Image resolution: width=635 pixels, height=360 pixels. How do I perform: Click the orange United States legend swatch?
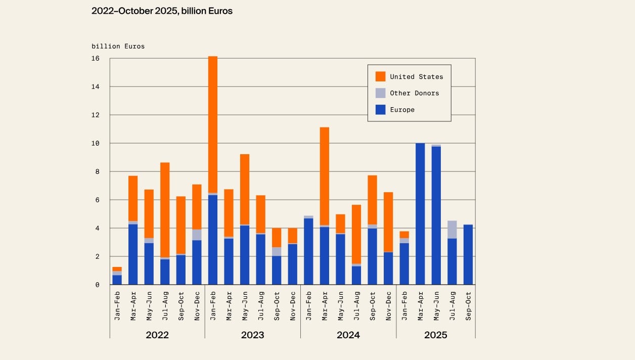pyautogui.click(x=380, y=76)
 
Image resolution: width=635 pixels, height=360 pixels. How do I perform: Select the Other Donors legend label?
pyautogui.click(x=414, y=93)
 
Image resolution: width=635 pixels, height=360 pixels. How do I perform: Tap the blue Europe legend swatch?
pyautogui.click(x=380, y=109)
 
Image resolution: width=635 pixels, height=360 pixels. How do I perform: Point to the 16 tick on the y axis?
pyautogui.click(x=96, y=59)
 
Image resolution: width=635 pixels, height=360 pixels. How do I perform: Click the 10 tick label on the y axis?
pyautogui.click(x=96, y=144)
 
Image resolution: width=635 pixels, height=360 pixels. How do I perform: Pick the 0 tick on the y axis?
pyautogui.click(x=97, y=285)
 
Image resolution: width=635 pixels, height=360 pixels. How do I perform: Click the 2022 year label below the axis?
pyautogui.click(x=157, y=335)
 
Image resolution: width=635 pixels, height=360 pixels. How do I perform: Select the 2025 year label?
pyautogui.click(x=435, y=335)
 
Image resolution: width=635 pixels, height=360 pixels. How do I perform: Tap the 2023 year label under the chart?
pyautogui.click(x=252, y=335)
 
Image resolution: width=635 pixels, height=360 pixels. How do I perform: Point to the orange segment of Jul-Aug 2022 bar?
pyautogui.click(x=165, y=210)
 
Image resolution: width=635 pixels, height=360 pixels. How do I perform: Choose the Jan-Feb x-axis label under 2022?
pyautogui.click(x=117, y=306)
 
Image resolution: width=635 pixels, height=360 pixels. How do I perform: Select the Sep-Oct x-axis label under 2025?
pyautogui.click(x=468, y=306)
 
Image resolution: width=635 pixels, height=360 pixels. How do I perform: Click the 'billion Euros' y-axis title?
pyautogui.click(x=118, y=46)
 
